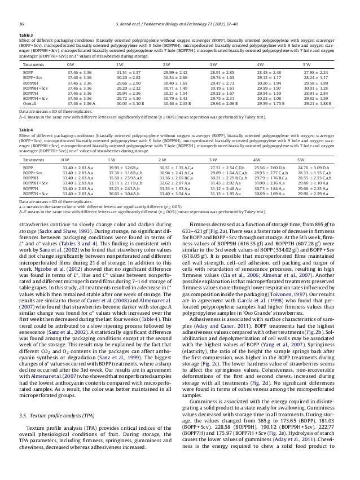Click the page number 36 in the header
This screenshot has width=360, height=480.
click(x=21, y=8)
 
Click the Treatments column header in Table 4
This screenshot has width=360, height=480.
click(x=35, y=160)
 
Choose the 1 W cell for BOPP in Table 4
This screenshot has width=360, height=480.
click(x=123, y=168)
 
